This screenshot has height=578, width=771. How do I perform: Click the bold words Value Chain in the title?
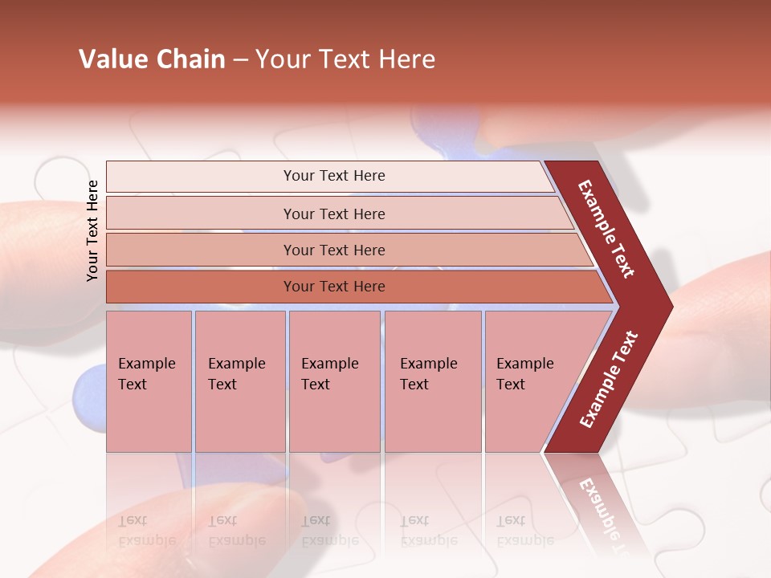click(x=152, y=59)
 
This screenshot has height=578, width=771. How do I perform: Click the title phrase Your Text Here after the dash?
click(x=345, y=59)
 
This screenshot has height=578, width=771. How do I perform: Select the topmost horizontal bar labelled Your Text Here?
click(x=333, y=176)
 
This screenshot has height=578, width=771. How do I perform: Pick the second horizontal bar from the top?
click(x=333, y=214)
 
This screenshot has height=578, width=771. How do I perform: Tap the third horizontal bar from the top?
click(x=333, y=250)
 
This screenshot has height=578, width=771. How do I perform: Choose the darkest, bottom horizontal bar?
click(x=333, y=287)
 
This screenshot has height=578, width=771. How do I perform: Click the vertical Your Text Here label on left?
click(x=92, y=230)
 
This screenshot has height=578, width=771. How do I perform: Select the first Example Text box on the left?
click(x=148, y=381)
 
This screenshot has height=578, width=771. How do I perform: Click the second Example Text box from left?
click(x=239, y=381)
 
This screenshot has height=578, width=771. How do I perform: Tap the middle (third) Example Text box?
click(x=333, y=381)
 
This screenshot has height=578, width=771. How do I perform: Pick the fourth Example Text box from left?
click(x=432, y=381)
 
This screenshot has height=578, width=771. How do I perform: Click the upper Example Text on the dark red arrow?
click(x=606, y=229)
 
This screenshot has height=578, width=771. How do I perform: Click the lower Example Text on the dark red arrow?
click(x=609, y=380)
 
